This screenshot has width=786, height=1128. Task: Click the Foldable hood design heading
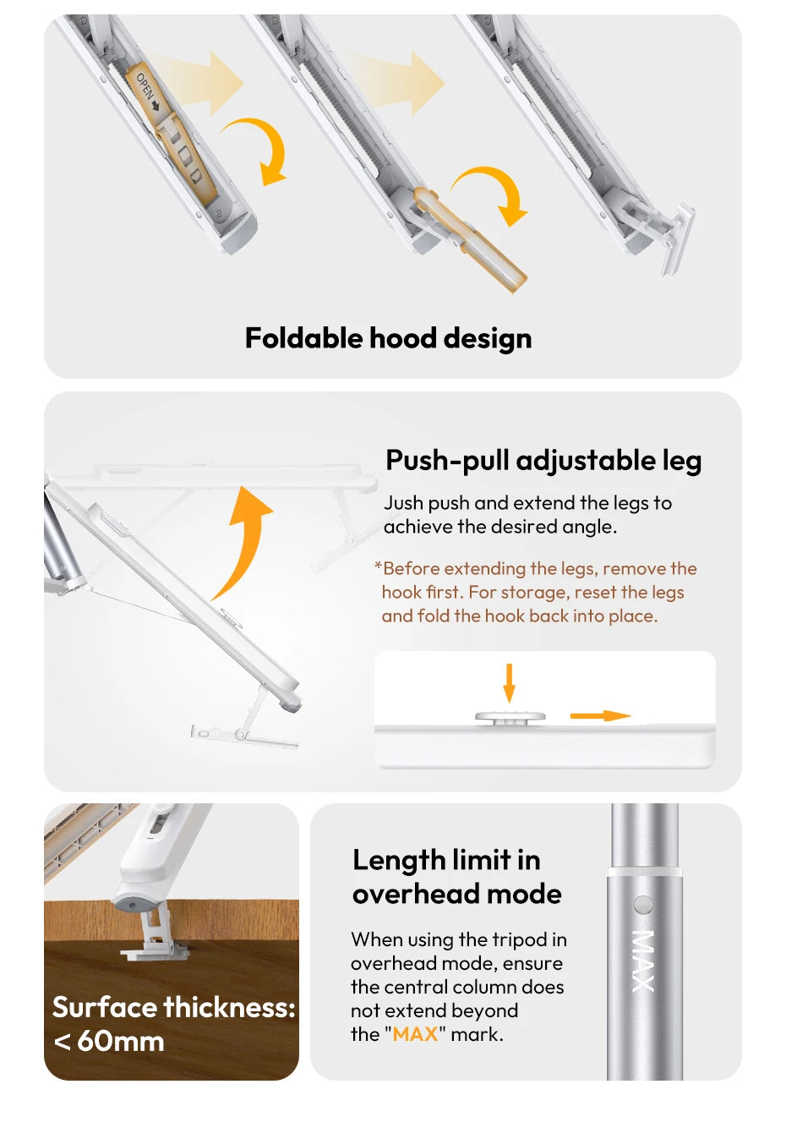pos(388,338)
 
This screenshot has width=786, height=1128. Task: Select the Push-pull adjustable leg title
pos(543,461)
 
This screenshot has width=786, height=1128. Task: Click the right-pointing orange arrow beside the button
pos(600,716)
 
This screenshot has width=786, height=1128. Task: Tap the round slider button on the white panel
pos(510,718)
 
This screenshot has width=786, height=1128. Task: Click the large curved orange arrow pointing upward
pos(244,541)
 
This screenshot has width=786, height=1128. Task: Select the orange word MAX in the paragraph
pos(415,1034)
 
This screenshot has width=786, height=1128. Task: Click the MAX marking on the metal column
pos(643,961)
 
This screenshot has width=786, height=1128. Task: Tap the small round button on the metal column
pos(644,905)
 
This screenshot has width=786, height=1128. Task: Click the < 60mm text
pos(109,1042)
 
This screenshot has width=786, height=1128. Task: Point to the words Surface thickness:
pos(173,1008)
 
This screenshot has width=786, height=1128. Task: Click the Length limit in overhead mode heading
pos(456,877)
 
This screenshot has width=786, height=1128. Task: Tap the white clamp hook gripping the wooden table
pos(156,939)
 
